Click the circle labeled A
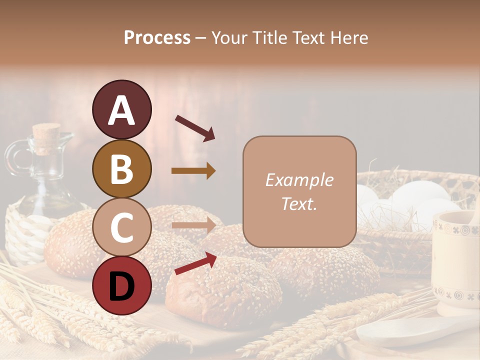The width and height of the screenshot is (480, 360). pos(121,109)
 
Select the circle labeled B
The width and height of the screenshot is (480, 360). pos(121,168)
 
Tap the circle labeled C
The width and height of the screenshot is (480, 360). pos(121,227)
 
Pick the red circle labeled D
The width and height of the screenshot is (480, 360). pos(121,285)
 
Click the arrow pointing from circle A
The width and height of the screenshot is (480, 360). pos(195,128)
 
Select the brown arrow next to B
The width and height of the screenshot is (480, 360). pos(193,171)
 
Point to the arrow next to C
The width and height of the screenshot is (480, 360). pos(193,225)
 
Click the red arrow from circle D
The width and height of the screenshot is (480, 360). pos(195,263)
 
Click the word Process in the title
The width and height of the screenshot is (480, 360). pos(157,38)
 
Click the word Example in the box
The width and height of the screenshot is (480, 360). pos(299,180)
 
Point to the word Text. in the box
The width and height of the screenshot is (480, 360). pos(299,204)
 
